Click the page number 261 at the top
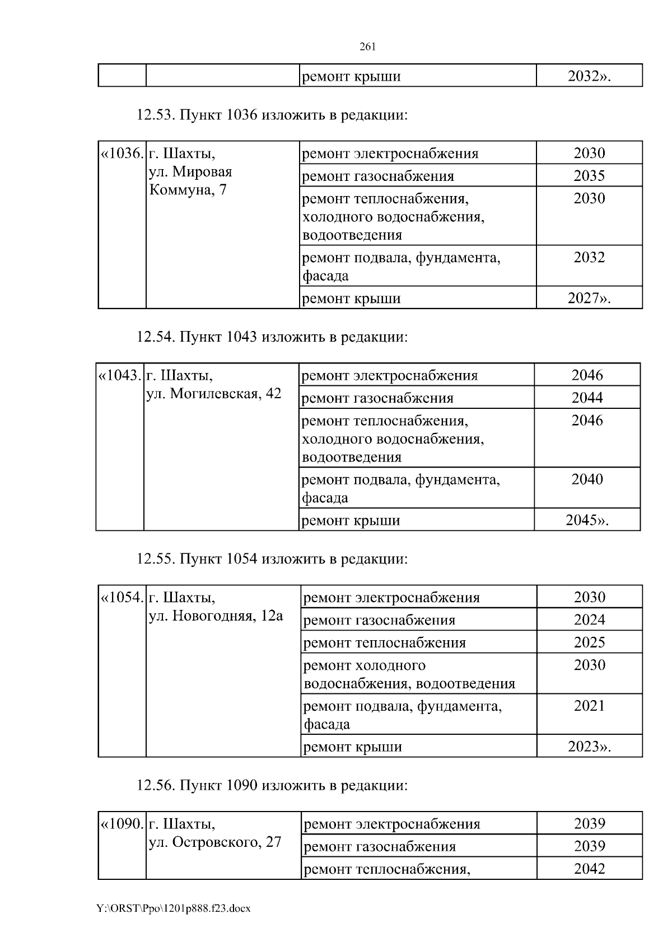[x=367, y=47]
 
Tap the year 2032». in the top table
[x=589, y=76]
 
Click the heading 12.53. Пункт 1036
[x=272, y=115]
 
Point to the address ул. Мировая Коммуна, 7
[x=190, y=180]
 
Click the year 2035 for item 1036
[x=589, y=176]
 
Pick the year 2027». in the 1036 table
[x=589, y=298]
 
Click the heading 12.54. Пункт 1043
[x=272, y=337]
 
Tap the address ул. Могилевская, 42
[x=213, y=394]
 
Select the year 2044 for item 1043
[x=587, y=398]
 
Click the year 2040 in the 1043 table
[x=587, y=479]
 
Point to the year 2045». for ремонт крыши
[x=587, y=520]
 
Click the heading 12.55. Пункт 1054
[x=272, y=559]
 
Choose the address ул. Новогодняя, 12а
[x=216, y=616]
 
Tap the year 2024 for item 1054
[x=589, y=620]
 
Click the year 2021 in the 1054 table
[x=589, y=706]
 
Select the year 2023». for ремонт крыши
[x=589, y=747]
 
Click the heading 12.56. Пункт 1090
[x=272, y=785]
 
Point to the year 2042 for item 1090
[x=589, y=869]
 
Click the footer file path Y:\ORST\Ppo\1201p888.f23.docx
[x=174, y=908]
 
